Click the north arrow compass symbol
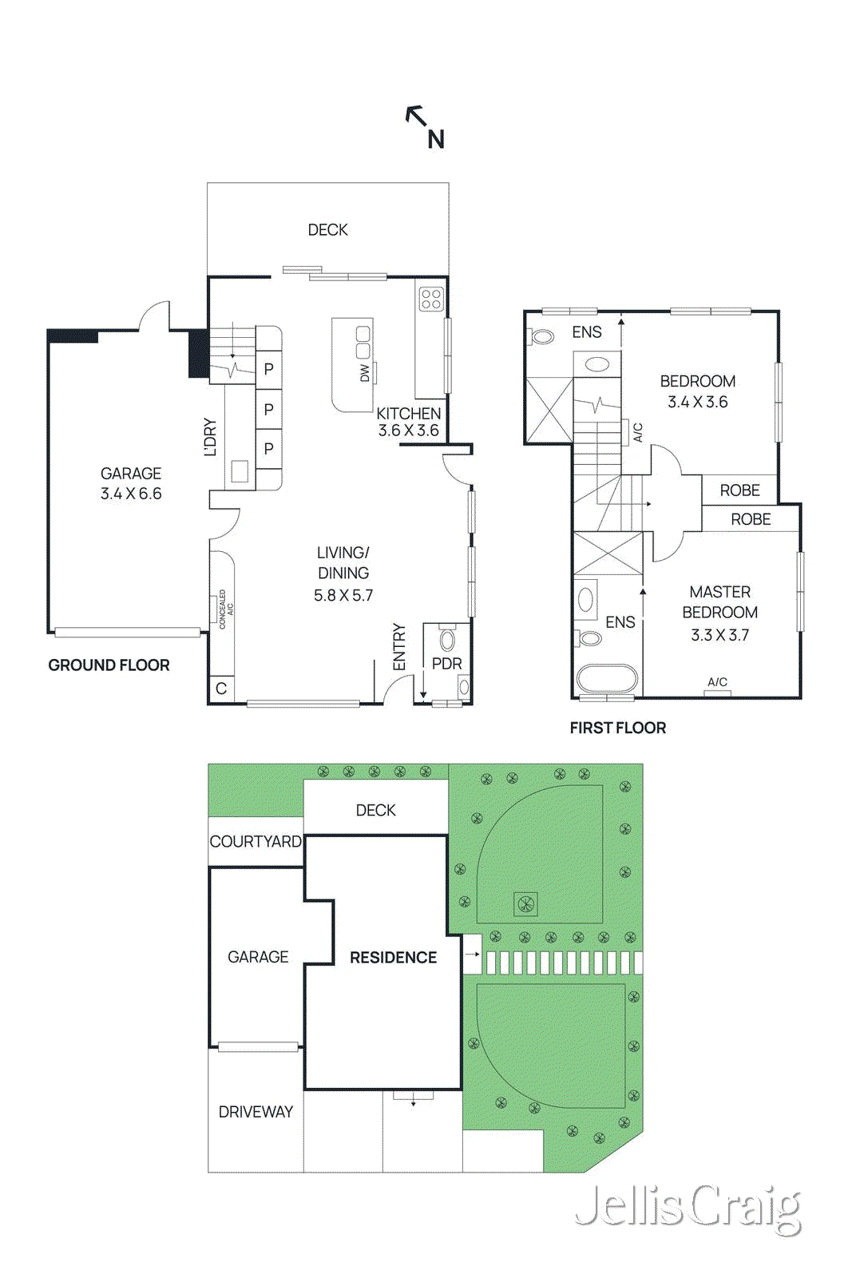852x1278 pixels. (425, 126)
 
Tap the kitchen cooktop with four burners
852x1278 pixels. (431, 299)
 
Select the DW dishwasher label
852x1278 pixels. (365, 373)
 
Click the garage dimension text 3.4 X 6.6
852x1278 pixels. (131, 494)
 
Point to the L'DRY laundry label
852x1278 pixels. (211, 437)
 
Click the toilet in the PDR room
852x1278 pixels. (447, 639)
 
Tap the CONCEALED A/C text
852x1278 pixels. (226, 609)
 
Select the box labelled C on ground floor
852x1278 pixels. (221, 689)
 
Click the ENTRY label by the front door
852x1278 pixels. (399, 647)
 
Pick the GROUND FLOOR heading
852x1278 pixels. (109, 665)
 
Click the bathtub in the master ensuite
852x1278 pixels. (607, 680)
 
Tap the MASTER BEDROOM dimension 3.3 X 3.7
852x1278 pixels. (719, 635)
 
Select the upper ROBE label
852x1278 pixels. (739, 490)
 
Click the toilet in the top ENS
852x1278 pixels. (542, 336)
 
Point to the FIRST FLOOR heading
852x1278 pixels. (617, 728)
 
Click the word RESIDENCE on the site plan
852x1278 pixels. (393, 958)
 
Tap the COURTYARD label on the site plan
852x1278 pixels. (256, 842)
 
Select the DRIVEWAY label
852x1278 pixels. (256, 1112)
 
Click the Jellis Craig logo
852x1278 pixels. (688, 1209)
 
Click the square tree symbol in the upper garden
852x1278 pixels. (525, 904)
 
